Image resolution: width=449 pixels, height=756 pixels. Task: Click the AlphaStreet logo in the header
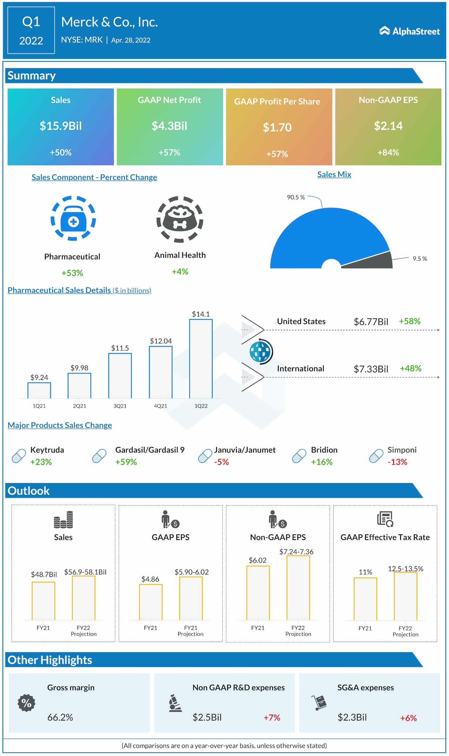tap(409, 31)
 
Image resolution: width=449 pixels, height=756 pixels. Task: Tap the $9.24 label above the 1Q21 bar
tap(39, 377)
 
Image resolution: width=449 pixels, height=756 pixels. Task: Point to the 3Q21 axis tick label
tap(120, 406)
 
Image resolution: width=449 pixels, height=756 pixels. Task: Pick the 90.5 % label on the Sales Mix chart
tap(296, 197)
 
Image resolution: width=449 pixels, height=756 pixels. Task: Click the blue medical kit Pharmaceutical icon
tap(73, 218)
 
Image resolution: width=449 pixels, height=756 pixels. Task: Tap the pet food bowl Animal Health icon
tap(180, 219)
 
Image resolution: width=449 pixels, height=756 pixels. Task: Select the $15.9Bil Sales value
tap(61, 126)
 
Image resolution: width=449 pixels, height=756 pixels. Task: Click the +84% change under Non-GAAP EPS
tap(388, 153)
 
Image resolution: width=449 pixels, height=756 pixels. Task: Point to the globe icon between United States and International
tap(261, 351)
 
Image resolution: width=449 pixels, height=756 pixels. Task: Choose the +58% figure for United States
tap(409, 321)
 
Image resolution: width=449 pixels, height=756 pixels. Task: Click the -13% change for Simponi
tap(397, 462)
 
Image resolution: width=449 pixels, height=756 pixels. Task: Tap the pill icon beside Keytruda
tap(19, 456)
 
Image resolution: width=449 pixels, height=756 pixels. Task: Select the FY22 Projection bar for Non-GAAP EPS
tap(298, 588)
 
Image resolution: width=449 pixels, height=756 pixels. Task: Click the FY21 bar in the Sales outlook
tap(43, 601)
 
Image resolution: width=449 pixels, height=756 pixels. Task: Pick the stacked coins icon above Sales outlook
tap(63, 520)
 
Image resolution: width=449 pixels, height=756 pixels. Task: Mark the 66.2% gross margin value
tap(60, 717)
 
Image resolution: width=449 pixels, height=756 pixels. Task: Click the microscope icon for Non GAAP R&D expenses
tap(175, 703)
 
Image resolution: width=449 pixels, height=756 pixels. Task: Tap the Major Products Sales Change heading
tap(60, 425)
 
